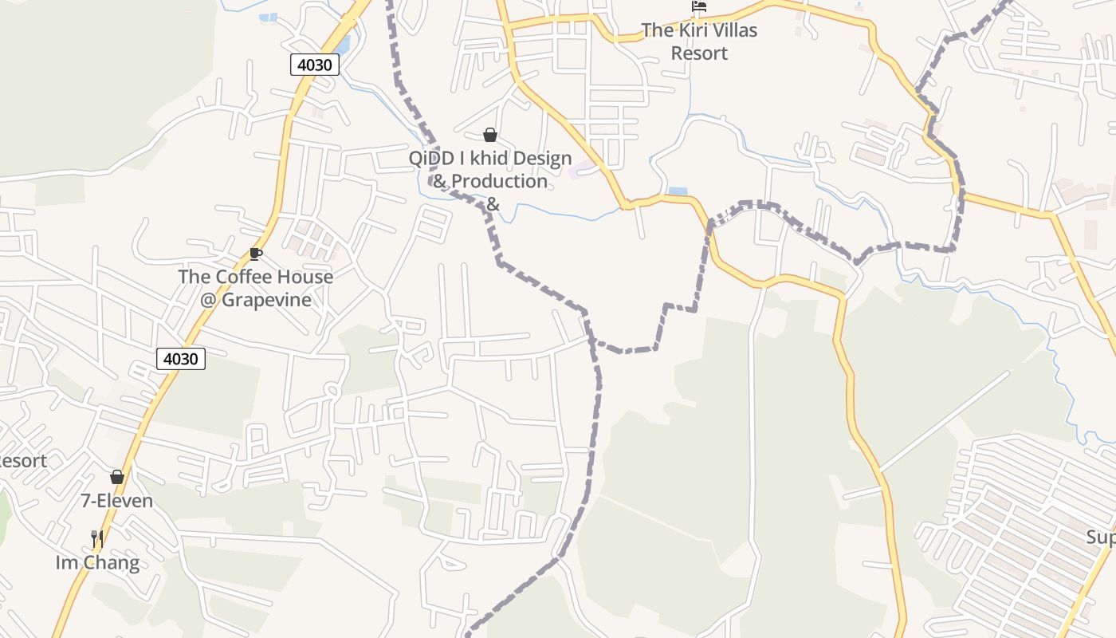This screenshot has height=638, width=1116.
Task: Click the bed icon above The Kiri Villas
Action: pyautogui.click(x=699, y=7)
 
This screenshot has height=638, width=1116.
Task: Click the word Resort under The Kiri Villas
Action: pyautogui.click(x=699, y=53)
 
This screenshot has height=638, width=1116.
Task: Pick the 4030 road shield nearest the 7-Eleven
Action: pyautogui.click(x=181, y=359)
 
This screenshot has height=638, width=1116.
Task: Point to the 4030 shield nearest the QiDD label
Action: pyautogui.click(x=315, y=65)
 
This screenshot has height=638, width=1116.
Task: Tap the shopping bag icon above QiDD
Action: pyautogui.click(x=490, y=135)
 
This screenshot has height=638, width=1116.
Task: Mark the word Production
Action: pyautogui.click(x=501, y=181)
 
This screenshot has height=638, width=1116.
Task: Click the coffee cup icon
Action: pyautogui.click(x=255, y=254)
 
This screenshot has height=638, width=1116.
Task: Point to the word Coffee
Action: pyautogui.click(x=244, y=277)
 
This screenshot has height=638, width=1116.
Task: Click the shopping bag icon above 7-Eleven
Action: pyautogui.click(x=117, y=477)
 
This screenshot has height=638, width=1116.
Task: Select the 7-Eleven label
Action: pyautogui.click(x=117, y=501)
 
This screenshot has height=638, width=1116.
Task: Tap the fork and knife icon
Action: pyautogui.click(x=97, y=539)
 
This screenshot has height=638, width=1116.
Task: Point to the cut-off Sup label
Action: pyautogui.click(x=1102, y=538)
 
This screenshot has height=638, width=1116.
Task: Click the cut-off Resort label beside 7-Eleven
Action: pyautogui.click(x=22, y=461)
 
